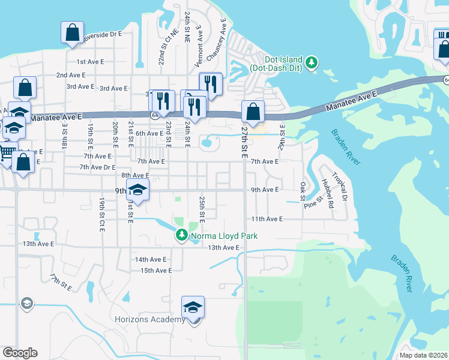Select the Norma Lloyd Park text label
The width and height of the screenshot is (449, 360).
point(224,236)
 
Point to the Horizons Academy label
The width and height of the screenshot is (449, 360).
point(150,319)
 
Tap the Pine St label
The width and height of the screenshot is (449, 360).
point(313,201)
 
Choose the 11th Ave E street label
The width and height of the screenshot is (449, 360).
point(267,220)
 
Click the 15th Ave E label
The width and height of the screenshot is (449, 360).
point(156,271)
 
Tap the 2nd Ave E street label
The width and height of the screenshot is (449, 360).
point(71,75)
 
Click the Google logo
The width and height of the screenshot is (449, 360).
point(20,353)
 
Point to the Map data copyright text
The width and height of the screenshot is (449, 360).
point(424,355)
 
